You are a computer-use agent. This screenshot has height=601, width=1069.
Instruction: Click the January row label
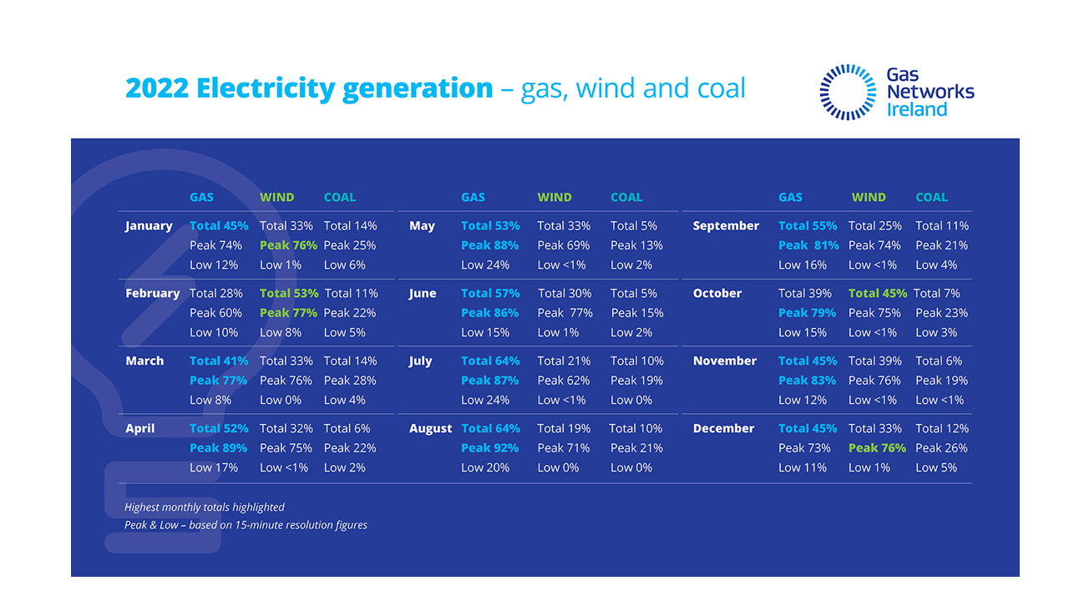pyautogui.click(x=149, y=225)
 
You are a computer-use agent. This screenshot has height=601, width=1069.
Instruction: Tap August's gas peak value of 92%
pyautogui.click(x=489, y=447)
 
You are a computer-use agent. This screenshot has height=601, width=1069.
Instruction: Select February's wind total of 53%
pyautogui.click(x=289, y=293)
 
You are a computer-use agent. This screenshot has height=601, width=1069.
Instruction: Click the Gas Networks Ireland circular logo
pyautogui.click(x=848, y=92)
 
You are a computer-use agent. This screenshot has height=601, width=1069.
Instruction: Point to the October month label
pyautogui.click(x=717, y=293)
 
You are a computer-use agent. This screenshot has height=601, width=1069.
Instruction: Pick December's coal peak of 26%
pyautogui.click(x=941, y=447)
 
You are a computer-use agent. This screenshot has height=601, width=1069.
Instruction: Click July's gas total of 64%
pyautogui.click(x=490, y=361)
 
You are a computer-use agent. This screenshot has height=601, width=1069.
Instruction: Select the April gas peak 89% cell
pyautogui.click(x=218, y=447)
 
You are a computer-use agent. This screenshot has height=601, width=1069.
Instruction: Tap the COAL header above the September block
pyautogui.click(x=931, y=198)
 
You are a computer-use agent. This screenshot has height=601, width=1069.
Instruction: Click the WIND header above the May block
pyautogui.click(x=555, y=198)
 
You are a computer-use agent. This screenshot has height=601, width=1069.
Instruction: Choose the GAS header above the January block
pyautogui.click(x=201, y=198)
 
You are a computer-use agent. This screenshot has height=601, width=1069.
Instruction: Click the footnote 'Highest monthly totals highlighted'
pyautogui.click(x=205, y=507)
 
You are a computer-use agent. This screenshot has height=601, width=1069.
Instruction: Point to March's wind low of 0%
pyautogui.click(x=282, y=400)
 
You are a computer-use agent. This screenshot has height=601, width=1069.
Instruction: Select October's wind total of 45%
pyautogui.click(x=878, y=293)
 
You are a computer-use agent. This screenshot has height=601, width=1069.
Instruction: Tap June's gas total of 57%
pyautogui.click(x=490, y=293)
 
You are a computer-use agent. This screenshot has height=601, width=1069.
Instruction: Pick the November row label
pyautogui.click(x=725, y=361)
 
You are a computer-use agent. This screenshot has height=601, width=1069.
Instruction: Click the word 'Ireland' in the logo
pyautogui.click(x=917, y=109)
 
